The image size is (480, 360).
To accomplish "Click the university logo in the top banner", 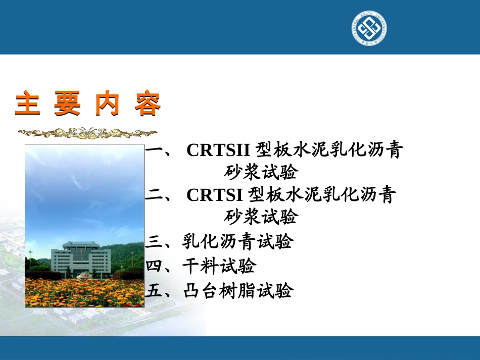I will tap(369, 28).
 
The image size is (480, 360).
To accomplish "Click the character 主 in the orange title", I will tap(28, 105).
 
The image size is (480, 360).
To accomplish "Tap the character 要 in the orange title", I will tap(68, 105).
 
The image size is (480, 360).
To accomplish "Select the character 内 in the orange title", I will tap(108, 105).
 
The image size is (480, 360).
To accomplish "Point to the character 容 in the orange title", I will tap(148, 105).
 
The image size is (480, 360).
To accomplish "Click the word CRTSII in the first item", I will tap(218, 150).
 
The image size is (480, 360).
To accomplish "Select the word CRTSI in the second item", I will tap(215, 195).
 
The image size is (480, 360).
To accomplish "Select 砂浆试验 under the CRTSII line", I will tap(261, 173).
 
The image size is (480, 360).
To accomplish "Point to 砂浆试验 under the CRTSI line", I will tap(261, 217).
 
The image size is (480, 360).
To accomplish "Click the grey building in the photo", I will tap(81, 259).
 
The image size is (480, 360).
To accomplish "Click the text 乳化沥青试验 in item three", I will tap(237, 241).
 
